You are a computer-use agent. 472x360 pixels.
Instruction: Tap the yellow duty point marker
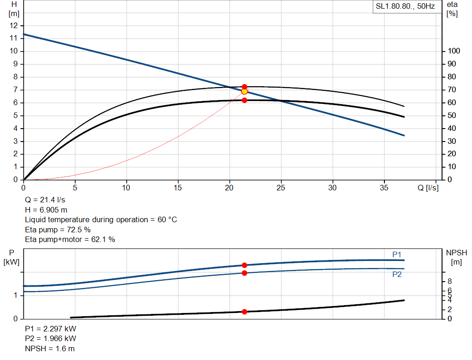tap(244, 91)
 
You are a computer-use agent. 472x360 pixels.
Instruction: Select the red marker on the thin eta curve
tap(244, 87)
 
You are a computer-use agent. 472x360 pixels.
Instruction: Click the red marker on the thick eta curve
tap(244, 100)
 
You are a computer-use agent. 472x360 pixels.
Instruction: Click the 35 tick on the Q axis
tap(384, 188)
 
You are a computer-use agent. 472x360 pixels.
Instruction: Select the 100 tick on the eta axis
tap(454, 51)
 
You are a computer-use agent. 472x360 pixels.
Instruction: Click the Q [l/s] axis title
tap(428, 188)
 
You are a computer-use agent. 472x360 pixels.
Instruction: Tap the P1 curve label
tap(397, 254)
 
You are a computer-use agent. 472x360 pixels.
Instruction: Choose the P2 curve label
tap(397, 274)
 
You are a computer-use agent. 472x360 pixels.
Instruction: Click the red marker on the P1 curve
tap(244, 265)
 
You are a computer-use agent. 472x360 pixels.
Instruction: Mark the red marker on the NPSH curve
tap(244, 312)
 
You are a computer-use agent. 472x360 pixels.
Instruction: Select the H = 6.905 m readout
tap(46, 210)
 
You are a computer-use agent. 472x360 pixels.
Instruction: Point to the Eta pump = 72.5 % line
tap(58, 230)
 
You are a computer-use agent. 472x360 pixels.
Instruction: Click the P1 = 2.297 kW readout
tap(51, 329)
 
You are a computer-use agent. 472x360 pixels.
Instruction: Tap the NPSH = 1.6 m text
tap(50, 348)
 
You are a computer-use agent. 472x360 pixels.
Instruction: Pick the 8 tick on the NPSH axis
tap(449, 281)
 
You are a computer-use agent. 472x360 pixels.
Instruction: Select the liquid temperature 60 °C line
tap(101, 219)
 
